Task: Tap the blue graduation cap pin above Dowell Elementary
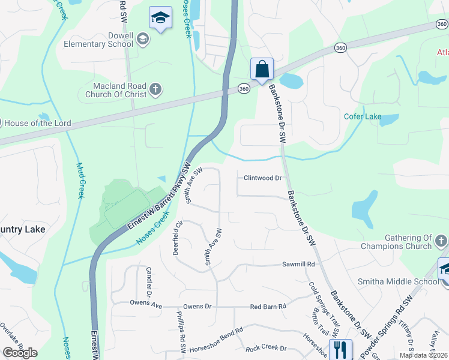click(x=160, y=18)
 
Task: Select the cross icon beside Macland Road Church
click(x=155, y=90)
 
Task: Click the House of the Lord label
click(x=37, y=123)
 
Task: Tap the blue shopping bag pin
click(x=262, y=70)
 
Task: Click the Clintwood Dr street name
click(x=262, y=178)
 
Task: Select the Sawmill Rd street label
click(x=298, y=264)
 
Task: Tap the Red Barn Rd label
click(x=268, y=306)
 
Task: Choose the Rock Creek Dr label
click(x=267, y=349)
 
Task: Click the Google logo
click(x=20, y=353)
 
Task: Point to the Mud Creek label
click(x=79, y=181)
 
